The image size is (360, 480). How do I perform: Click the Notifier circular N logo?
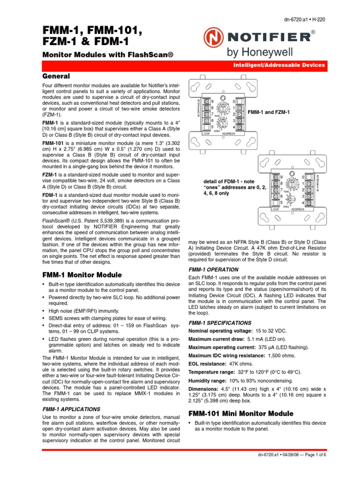214,36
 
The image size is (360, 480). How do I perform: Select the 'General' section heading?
56,76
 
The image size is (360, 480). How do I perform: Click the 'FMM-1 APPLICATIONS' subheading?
71,409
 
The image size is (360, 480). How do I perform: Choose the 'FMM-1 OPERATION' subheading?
213,270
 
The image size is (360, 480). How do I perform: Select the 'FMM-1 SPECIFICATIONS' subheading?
220,323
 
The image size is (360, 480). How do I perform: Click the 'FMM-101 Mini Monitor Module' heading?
240,413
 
